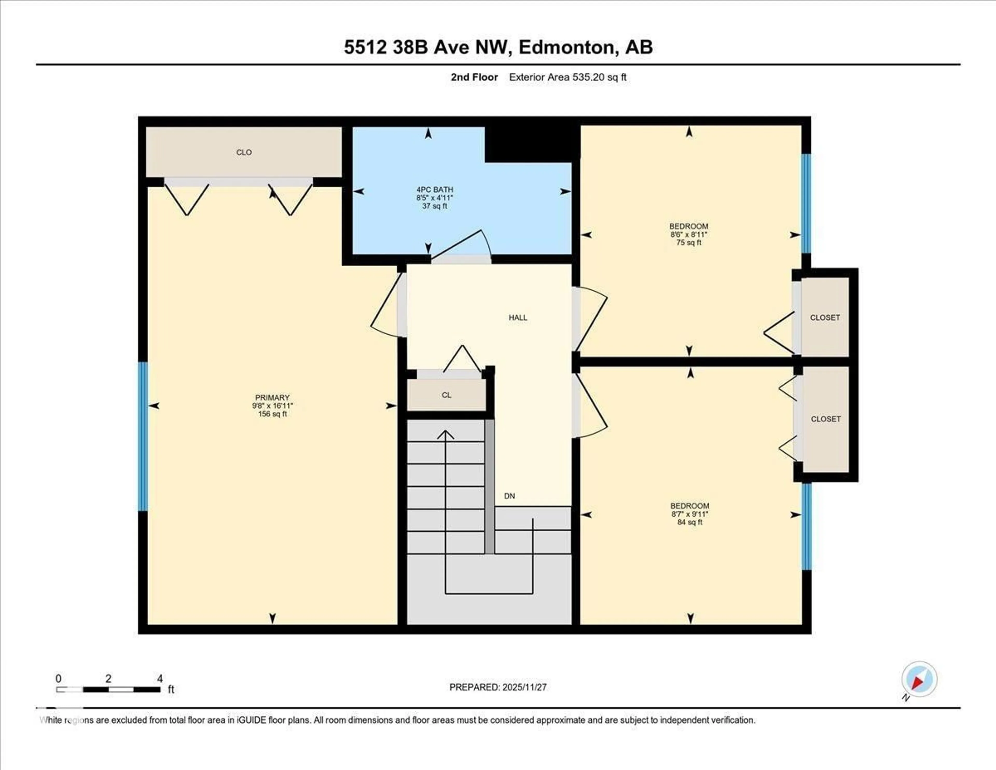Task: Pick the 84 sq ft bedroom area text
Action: point(689,522)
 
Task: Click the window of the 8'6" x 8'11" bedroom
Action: point(806,203)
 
